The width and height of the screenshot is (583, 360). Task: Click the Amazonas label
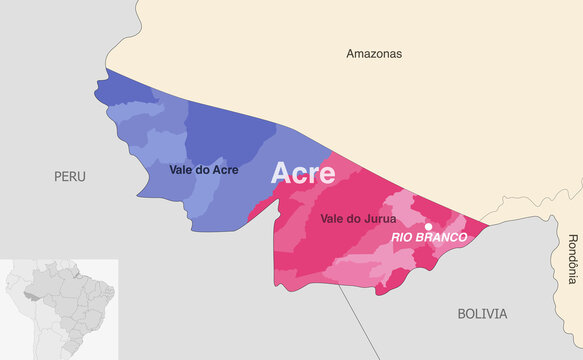374,53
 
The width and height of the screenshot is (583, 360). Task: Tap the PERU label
69,176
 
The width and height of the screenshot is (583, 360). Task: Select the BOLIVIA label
482,313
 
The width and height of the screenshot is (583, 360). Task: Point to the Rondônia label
572,254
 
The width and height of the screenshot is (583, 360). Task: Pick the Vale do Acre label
203,170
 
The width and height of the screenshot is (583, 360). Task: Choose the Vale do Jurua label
358,217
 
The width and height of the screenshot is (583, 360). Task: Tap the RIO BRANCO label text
428,238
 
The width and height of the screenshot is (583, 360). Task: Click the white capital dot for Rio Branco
429,226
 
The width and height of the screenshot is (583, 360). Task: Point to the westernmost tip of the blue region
96,97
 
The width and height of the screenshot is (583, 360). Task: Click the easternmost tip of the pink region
489,225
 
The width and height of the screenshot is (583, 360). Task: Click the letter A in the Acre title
283,173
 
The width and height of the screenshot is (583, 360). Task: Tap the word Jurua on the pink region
380,217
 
